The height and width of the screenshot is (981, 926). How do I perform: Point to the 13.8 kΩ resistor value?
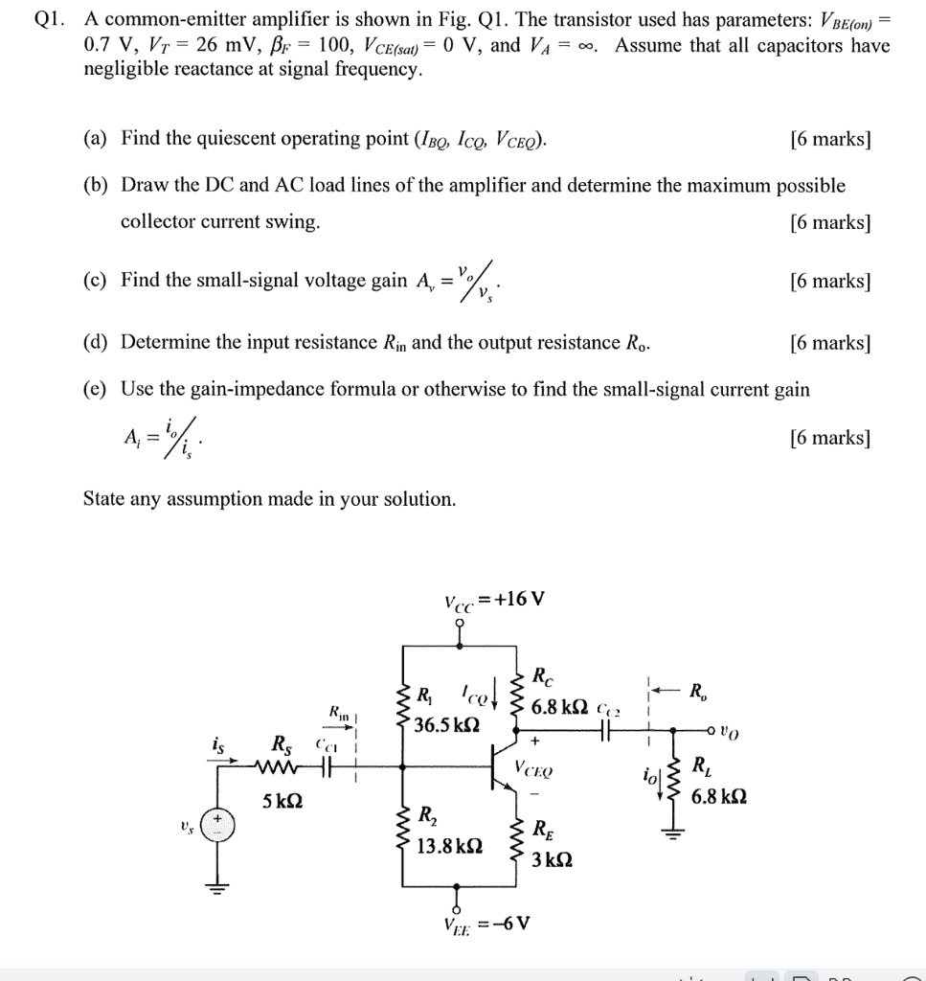(450, 846)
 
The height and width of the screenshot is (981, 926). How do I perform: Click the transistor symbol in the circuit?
(500, 767)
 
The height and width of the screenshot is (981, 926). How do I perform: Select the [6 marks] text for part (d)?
(830, 343)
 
